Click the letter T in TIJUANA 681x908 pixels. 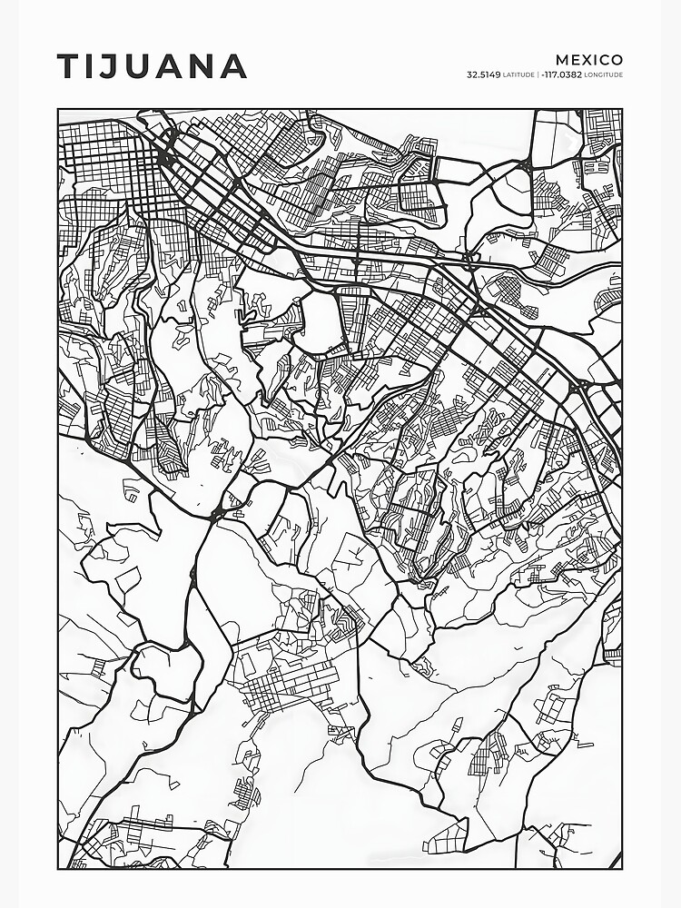(69, 66)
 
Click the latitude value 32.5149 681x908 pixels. (484, 74)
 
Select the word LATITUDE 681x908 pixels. (518, 74)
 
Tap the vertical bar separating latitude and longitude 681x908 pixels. (538, 74)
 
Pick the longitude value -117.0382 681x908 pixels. (561, 74)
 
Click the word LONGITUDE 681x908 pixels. (604, 74)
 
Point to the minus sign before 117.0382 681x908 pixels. (542, 74)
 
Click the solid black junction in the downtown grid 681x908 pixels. (165, 159)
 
